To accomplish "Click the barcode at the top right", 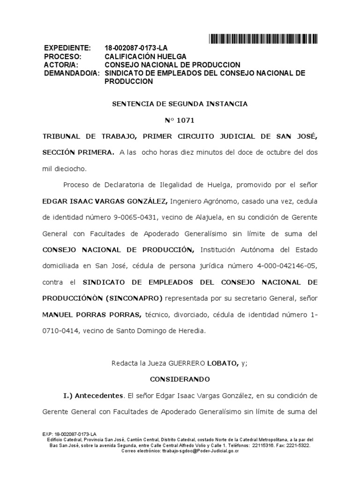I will [263, 39].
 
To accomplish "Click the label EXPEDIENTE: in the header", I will [67, 48].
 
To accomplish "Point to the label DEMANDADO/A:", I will [72, 73].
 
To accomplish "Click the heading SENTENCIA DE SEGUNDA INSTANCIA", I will [180, 104].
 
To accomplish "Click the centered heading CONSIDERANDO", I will [180, 379].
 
